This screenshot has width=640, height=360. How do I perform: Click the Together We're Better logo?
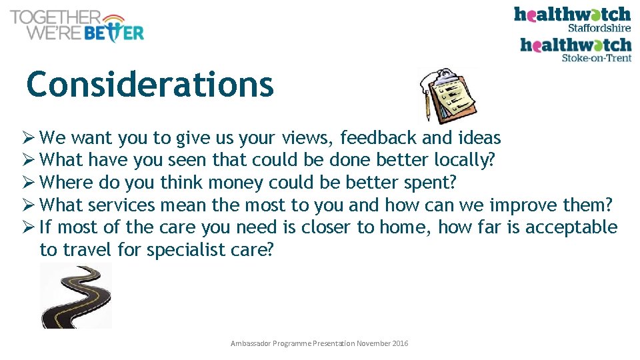(x=77, y=26)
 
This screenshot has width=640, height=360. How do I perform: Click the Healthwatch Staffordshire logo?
(x=572, y=19)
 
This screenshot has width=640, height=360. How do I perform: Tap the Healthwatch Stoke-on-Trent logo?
(x=575, y=49)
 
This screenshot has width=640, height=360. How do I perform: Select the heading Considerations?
(x=150, y=85)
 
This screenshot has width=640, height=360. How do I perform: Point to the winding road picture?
(x=76, y=295)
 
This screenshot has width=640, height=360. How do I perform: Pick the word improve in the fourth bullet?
(x=523, y=205)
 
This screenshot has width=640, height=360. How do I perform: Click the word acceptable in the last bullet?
(x=571, y=227)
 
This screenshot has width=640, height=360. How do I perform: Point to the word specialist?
(x=181, y=250)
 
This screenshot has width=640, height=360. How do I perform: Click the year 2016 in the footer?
(x=401, y=343)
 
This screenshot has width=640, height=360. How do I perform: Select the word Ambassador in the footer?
(x=249, y=343)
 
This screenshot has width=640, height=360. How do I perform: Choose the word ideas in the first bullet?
(x=480, y=138)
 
